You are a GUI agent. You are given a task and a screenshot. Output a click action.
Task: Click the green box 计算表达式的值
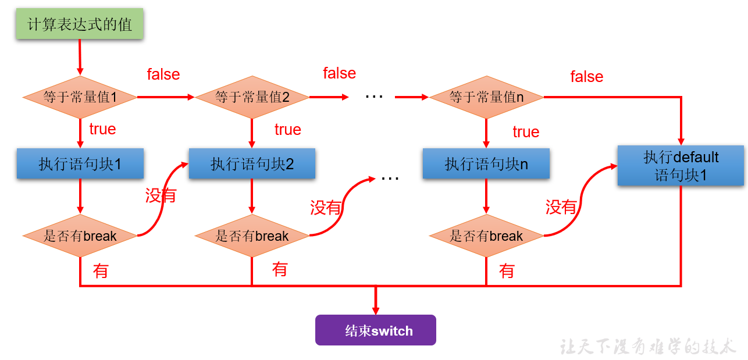point(80,25)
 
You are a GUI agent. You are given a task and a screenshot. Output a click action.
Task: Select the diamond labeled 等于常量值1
point(80,97)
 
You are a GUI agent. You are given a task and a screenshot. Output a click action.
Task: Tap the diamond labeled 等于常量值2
point(252,97)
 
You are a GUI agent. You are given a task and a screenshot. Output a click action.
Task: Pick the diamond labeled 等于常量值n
point(486,97)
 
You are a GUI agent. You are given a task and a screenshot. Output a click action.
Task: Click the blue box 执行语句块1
point(80,164)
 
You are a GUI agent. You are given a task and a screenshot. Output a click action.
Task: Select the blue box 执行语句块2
point(252,164)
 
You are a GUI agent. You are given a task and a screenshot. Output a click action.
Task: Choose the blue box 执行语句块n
point(486,164)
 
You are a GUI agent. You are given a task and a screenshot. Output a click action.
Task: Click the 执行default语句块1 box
point(681,166)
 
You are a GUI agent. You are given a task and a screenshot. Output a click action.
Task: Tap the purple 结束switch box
point(376,330)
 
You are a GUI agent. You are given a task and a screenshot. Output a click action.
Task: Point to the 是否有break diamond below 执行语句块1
point(80,236)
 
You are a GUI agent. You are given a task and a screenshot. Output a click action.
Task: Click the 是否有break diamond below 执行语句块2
point(252,236)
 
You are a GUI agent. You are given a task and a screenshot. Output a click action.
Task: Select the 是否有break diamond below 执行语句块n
point(486,236)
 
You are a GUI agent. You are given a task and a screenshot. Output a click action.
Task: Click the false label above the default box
point(586,77)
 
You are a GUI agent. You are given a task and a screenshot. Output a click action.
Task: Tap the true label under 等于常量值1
point(102,129)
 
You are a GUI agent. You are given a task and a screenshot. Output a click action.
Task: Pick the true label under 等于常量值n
point(526,133)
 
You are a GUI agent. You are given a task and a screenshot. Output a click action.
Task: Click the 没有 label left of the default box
point(561,207)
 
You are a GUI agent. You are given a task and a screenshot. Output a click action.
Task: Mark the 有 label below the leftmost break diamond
point(101,271)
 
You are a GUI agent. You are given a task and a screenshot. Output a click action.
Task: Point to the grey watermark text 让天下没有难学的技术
point(648,347)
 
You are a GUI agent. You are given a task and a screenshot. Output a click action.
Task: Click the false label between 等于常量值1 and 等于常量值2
point(163,74)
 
